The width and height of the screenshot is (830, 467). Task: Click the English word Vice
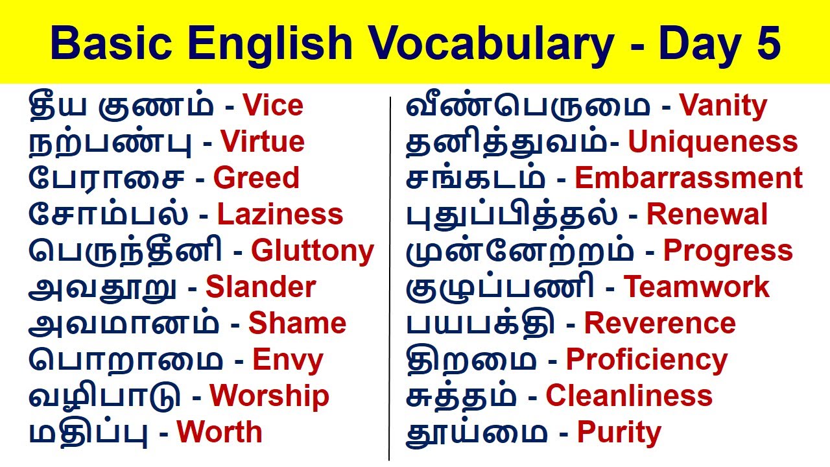tap(272, 106)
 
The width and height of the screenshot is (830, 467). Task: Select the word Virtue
tap(262, 143)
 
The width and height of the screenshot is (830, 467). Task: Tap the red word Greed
tap(256, 179)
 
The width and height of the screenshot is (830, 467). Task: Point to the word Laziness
tap(279, 215)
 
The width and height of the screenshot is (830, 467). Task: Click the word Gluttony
tap(313, 252)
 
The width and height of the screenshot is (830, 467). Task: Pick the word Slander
tap(261, 288)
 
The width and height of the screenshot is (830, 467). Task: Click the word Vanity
tap(723, 106)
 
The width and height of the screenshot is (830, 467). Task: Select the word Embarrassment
tap(689, 179)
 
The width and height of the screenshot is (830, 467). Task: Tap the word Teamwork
tap(696, 288)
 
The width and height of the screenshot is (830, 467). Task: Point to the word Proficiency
tap(646, 361)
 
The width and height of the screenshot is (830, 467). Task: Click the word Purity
tap(619, 433)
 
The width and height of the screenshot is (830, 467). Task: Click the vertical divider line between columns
tap(390, 279)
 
